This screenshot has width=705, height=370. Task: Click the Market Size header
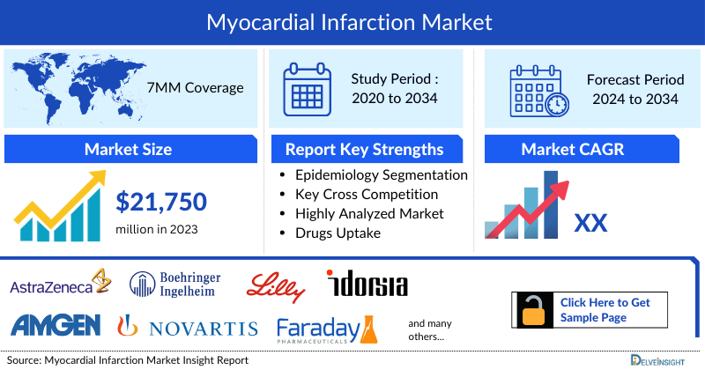click(128, 149)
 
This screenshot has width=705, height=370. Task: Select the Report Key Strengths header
click(365, 149)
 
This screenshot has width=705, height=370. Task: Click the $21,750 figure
click(161, 202)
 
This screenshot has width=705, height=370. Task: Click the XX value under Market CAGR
click(590, 222)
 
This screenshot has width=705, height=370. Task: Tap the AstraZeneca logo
click(58, 285)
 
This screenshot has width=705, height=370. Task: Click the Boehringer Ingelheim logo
click(175, 284)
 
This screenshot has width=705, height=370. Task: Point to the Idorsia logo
click(367, 285)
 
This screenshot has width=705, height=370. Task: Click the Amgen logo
click(55, 326)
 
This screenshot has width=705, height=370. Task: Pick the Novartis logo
click(188, 328)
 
